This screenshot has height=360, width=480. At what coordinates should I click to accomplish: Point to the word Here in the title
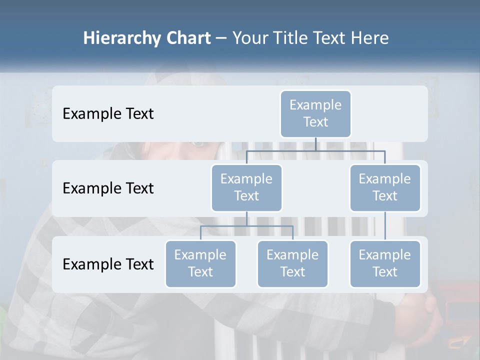point(369,38)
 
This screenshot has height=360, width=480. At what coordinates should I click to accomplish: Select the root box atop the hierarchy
point(315,113)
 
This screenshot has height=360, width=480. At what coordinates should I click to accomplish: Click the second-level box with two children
point(246,187)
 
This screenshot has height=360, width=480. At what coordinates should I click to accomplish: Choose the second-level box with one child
point(385,187)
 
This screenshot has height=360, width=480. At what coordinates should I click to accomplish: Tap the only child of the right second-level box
point(385,263)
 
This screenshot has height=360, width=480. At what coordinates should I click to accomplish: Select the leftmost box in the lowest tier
point(200,263)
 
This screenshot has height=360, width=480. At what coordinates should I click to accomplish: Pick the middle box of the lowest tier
point(292,263)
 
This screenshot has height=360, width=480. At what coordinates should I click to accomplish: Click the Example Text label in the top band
point(108,114)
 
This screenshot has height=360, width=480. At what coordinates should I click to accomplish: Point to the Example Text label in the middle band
point(108,188)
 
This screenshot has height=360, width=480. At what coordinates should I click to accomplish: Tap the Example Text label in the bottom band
point(108,264)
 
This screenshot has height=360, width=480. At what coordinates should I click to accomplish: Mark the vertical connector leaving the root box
point(315,144)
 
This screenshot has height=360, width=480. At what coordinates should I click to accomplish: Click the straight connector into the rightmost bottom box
point(385,226)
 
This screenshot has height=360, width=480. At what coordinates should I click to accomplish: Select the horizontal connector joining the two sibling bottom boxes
point(246,226)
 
